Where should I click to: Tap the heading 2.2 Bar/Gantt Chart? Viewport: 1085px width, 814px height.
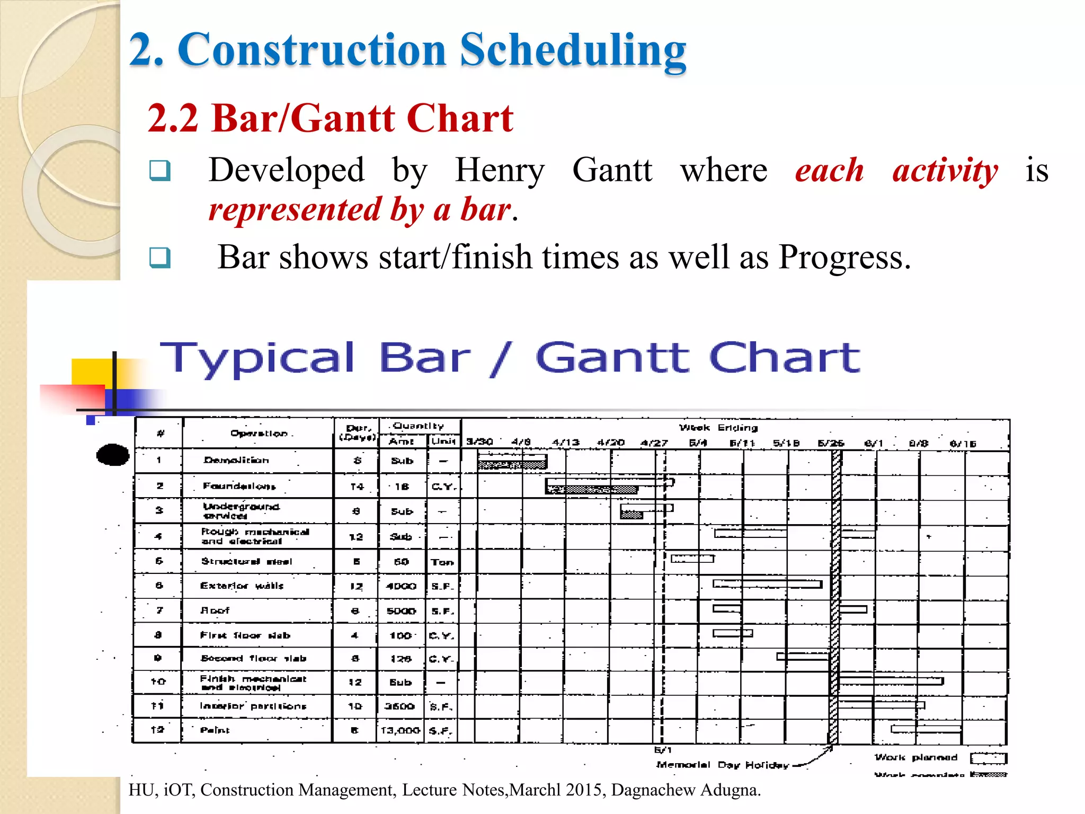pyautogui.click(x=331, y=118)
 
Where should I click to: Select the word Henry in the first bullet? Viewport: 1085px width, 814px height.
pyautogui.click(x=499, y=171)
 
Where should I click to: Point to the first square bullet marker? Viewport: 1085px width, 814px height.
pyautogui.click(x=159, y=171)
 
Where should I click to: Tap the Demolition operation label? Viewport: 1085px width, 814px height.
pyautogui.click(x=236, y=460)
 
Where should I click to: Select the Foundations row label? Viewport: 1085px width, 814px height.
pyautogui.click(x=239, y=486)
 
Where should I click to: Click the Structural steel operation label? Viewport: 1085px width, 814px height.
pyautogui.click(x=246, y=561)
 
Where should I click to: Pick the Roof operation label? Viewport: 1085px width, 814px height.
pyautogui.click(x=215, y=610)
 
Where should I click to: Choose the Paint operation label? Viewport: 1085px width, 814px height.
pyautogui.click(x=215, y=730)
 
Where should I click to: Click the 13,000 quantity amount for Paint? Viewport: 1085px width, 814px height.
pyautogui.click(x=401, y=730)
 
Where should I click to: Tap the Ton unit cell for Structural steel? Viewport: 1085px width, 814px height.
pyautogui.click(x=442, y=562)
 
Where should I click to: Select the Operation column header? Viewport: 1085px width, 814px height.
pyautogui.click(x=259, y=433)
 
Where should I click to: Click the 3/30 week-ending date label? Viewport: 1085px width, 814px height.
pyautogui.click(x=479, y=441)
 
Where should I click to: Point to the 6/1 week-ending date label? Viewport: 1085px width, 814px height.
pyautogui.click(x=873, y=443)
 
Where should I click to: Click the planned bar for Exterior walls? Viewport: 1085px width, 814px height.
pyautogui.click(x=767, y=584)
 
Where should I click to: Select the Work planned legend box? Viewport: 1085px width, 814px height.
pyautogui.click(x=988, y=758)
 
